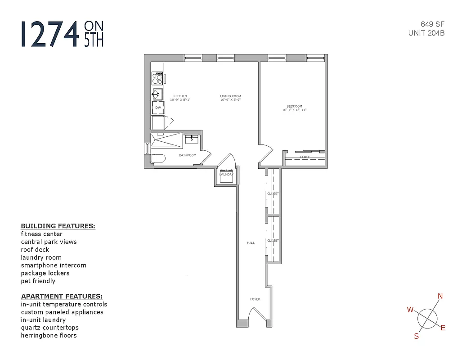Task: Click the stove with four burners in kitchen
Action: point(157,78)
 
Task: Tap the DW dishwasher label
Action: point(158,108)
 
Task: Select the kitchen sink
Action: point(157,94)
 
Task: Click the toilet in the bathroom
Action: point(158,158)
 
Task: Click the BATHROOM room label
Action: point(188,155)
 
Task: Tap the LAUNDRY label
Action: point(226,175)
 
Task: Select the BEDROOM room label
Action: point(294,106)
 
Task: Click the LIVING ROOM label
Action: point(230,96)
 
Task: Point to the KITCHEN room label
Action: point(180,96)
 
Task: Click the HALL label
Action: point(251,243)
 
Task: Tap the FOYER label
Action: point(255,299)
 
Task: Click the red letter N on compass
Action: point(440,296)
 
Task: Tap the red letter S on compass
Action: point(417,336)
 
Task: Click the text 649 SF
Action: point(433,24)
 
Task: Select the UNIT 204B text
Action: point(426,33)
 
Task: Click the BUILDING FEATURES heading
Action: point(58,226)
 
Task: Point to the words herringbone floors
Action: point(49,335)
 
